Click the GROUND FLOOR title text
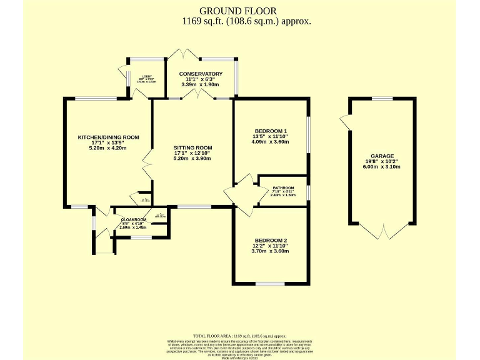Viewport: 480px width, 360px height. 237,11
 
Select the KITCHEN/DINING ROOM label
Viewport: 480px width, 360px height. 108,137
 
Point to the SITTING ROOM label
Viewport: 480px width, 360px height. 192,147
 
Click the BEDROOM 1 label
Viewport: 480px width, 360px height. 270,131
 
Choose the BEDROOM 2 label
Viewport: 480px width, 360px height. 271,241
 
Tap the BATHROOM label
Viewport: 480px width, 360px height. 282,187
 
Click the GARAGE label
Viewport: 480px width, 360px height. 382,156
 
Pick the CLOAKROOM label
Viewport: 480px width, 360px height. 133,220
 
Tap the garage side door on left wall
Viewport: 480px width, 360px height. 344,122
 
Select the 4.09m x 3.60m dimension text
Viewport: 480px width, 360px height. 270,141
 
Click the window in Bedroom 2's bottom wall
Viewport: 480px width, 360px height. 270,284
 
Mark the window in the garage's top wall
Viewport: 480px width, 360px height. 382,98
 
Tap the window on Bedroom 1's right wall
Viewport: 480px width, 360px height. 309,134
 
